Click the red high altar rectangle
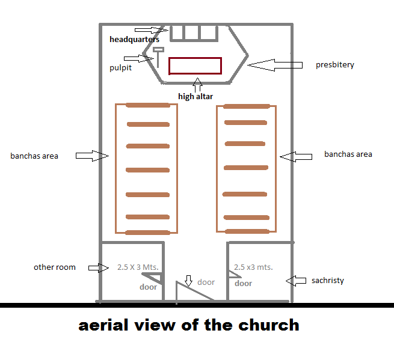tap(195, 65)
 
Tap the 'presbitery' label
tap(335, 65)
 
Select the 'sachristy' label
tap(327, 280)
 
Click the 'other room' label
tap(55, 267)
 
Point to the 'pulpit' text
tap(120, 68)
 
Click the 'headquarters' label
tap(134, 40)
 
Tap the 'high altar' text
tap(195, 96)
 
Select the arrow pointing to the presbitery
tap(274, 64)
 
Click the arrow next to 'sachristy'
tap(297, 280)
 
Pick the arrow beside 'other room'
tap(98, 267)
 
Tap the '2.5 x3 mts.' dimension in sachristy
tap(253, 267)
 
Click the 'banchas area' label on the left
tap(34, 156)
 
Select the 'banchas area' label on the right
tap(348, 154)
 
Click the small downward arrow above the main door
tap(188, 280)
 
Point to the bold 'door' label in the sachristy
tap(243, 284)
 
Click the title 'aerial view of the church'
tap(189, 326)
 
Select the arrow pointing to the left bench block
tap(91, 156)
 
